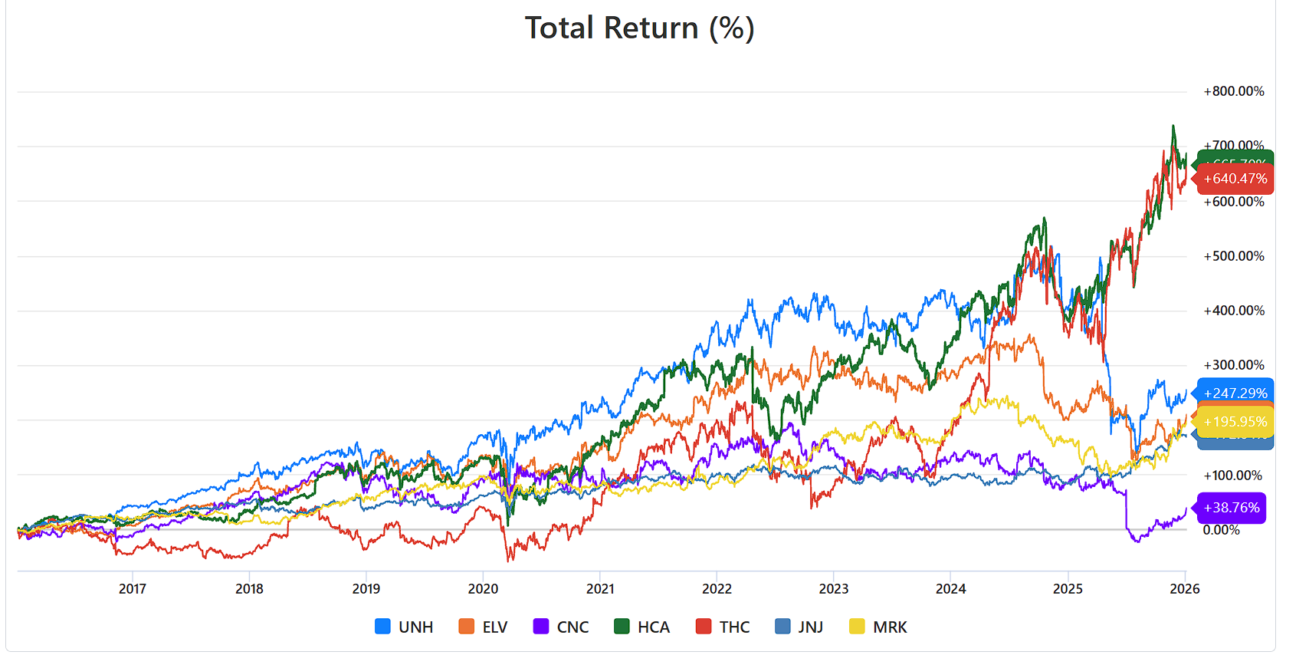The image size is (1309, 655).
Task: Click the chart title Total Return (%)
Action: tap(639, 28)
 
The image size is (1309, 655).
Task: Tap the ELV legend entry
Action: tap(483, 627)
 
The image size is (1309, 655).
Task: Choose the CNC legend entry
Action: tap(561, 627)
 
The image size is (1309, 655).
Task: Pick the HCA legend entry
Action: tap(642, 627)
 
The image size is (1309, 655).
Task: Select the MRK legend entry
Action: tap(878, 627)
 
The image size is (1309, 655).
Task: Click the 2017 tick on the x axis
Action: tap(133, 588)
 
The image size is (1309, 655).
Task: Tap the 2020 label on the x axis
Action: tap(483, 588)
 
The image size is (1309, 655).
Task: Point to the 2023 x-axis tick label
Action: tap(834, 588)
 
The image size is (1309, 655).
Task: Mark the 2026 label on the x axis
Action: tap(1185, 588)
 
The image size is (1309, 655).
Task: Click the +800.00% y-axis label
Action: tap(1234, 91)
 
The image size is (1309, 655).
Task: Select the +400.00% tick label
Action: tap(1234, 311)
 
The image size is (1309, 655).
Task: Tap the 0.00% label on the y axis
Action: tap(1221, 530)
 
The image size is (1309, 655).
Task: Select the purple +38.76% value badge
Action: tap(1232, 508)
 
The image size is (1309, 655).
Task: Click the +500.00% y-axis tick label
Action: tap(1234, 256)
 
